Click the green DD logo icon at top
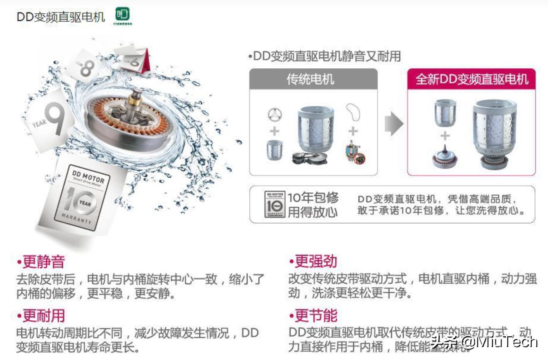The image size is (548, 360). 123,15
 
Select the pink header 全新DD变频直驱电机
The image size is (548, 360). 472,80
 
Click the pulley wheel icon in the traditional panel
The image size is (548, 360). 275,115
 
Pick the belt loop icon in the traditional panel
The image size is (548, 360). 353,112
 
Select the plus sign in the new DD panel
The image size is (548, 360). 445,136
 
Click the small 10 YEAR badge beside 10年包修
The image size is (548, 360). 275,204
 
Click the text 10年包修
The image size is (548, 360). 313,197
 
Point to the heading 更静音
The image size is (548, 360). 43,261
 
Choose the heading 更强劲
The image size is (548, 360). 315,261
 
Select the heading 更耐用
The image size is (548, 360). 43,316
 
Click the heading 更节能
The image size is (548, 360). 315,316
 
